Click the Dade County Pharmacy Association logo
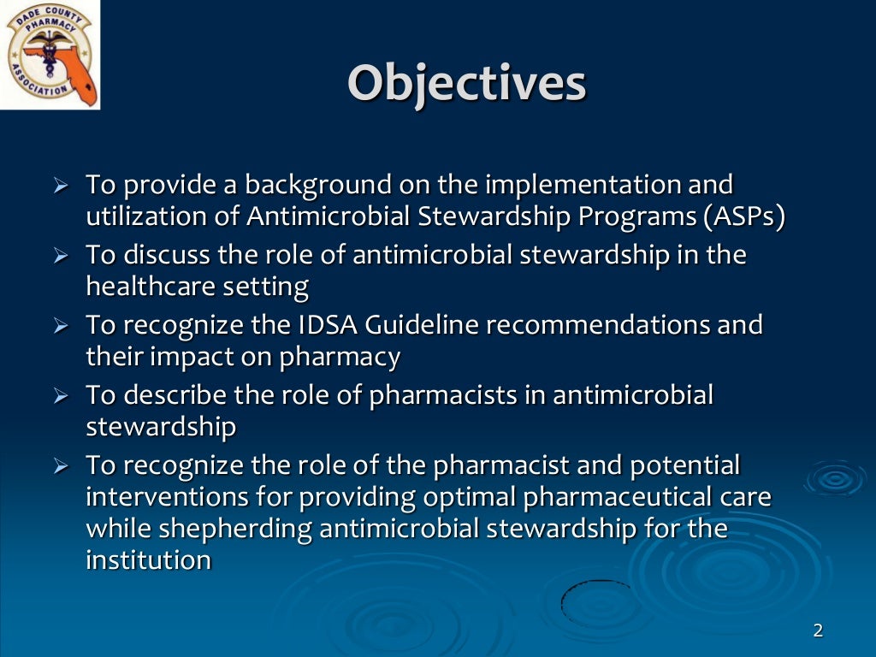pyautogui.click(x=50, y=55)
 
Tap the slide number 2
pyautogui.click(x=817, y=630)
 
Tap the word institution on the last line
pyautogui.click(x=148, y=560)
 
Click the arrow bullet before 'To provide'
pyautogui.click(x=60, y=185)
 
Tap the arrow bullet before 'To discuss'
pyautogui.click(x=60, y=255)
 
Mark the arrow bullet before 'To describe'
pyautogui.click(x=60, y=396)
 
